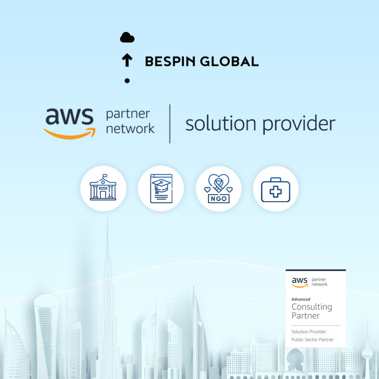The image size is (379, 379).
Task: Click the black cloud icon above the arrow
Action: coord(127,37)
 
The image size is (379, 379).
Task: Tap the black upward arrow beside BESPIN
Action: coord(127,60)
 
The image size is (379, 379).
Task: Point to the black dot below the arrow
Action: coord(127,81)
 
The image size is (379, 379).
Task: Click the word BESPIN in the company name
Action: coord(170,61)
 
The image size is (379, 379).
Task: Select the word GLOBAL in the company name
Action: coord(229,61)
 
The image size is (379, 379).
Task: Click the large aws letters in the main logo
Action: coord(70,116)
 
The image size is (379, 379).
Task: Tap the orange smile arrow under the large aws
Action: coord(70,134)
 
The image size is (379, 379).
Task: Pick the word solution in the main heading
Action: coord(221,124)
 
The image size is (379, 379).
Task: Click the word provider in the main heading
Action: coord(299,124)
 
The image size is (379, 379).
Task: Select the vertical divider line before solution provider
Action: coord(170,124)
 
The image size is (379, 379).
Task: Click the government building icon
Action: coord(103,187)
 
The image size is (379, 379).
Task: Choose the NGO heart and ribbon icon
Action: coord(218,188)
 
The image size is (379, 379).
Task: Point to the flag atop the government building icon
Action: coord(105,175)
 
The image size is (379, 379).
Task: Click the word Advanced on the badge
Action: coord(301,299)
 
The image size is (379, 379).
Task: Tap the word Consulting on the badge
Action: coord(312,307)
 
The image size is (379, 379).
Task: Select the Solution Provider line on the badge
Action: coord(309,332)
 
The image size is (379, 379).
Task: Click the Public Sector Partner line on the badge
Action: coord(312,340)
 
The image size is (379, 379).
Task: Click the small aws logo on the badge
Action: coord(300,282)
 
